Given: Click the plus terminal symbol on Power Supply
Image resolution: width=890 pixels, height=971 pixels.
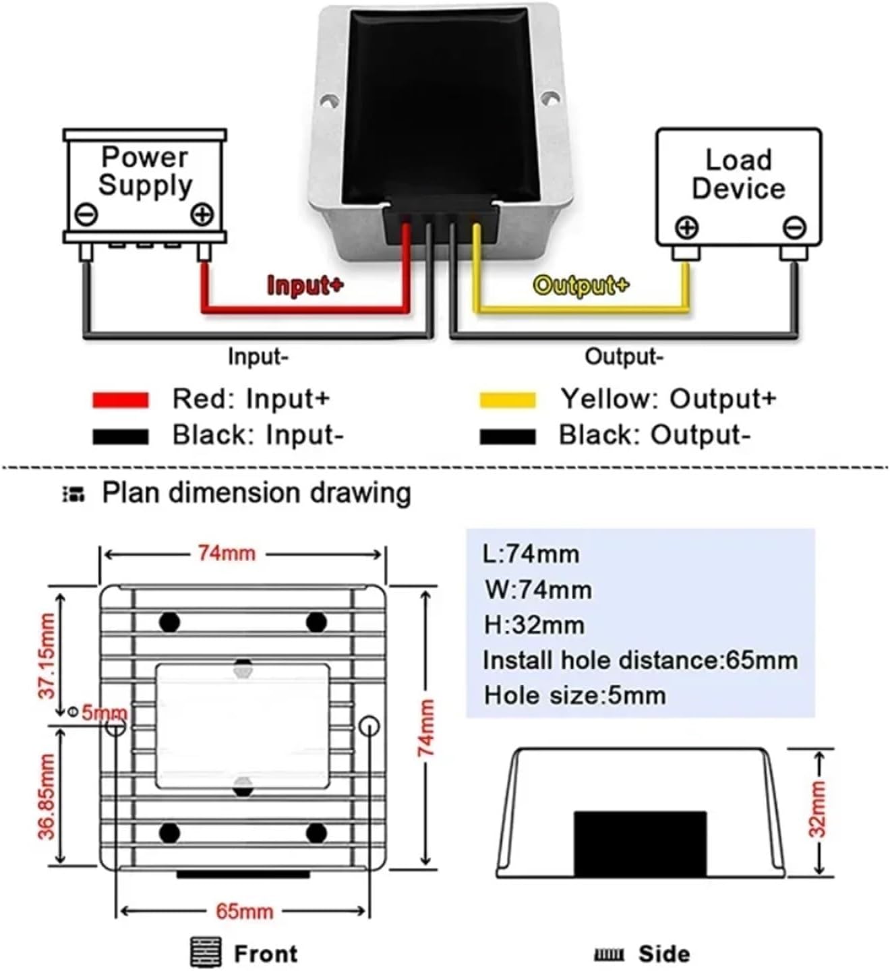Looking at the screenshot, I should (202, 215).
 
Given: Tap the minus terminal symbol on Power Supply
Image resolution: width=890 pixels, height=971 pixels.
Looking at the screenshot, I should (86, 215).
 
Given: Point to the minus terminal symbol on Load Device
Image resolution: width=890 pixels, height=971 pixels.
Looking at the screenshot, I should (794, 227).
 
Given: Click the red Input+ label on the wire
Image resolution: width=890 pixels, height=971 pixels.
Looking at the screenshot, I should (305, 285).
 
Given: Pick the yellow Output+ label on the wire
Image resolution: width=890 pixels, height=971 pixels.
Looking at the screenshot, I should (581, 285).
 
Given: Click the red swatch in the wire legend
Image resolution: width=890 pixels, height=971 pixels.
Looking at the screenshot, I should (120, 400).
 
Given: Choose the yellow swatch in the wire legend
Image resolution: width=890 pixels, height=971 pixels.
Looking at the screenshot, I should (507, 400).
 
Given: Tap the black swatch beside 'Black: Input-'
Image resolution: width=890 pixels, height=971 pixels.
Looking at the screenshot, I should (120, 436).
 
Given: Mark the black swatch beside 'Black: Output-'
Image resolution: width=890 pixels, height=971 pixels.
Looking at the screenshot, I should (507, 436).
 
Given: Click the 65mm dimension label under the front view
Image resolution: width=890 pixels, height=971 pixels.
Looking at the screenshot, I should (244, 912).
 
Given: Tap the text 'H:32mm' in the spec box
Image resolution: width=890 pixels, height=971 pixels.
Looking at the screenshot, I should (534, 625).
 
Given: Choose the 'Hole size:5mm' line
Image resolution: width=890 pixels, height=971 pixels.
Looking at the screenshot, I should (574, 695).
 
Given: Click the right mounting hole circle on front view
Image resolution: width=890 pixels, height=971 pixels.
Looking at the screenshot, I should (369, 726).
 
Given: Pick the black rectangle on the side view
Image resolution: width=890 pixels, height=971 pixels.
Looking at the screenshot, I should (640, 843).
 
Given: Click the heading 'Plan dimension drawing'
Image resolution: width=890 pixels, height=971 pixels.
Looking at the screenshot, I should (256, 493).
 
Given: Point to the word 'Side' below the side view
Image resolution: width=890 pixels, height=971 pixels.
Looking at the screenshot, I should (664, 954).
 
